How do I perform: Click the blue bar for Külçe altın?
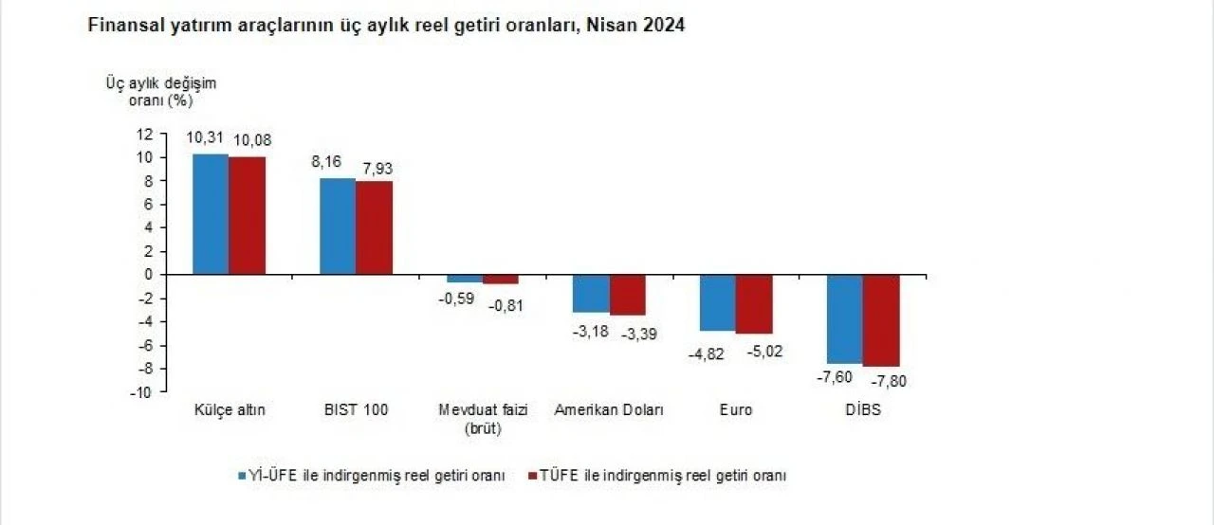tap(211, 214)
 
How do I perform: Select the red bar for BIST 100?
tap(374, 227)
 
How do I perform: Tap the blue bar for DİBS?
tap(844, 319)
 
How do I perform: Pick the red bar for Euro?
tap(754, 304)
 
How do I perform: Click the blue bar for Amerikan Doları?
tap(591, 294)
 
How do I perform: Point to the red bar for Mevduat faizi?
tap(500, 280)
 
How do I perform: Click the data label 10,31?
tap(205, 137)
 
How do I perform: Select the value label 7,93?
tap(374, 169)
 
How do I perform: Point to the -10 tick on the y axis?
tap(144, 392)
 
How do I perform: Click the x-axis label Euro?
tap(737, 410)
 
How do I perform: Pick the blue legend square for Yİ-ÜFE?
tap(244, 475)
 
